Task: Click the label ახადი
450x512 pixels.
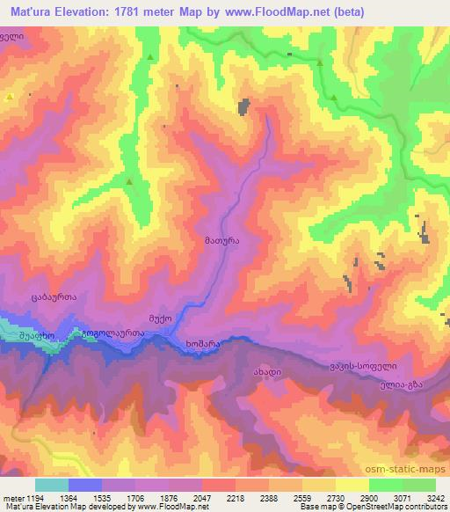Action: [268, 371]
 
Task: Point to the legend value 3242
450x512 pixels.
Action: [432, 498]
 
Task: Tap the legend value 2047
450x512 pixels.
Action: [205, 498]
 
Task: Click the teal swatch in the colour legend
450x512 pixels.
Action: [52, 485]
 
